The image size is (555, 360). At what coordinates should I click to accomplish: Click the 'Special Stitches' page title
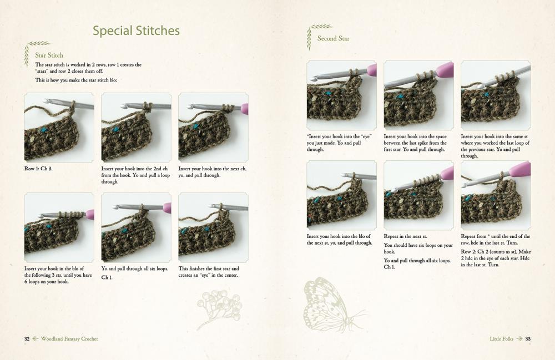click(x=137, y=31)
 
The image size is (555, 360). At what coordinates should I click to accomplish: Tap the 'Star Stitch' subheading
click(x=49, y=55)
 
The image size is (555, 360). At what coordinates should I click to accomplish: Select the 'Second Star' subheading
click(x=333, y=38)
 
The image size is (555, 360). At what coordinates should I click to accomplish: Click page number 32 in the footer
click(x=27, y=339)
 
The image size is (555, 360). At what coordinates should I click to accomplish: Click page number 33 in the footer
click(x=528, y=339)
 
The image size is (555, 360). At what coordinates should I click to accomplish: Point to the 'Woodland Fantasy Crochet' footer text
click(x=69, y=339)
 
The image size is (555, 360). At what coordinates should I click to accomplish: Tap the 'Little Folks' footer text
click(x=501, y=339)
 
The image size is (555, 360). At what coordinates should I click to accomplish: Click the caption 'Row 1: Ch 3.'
click(x=38, y=169)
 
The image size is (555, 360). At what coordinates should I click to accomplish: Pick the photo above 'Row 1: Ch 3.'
click(x=59, y=128)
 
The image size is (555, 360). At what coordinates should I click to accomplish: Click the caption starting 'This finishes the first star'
click(x=208, y=272)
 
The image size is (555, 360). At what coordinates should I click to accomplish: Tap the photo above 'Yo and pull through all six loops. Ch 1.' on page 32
click(x=137, y=227)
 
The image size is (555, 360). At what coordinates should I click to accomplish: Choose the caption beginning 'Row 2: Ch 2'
click(x=496, y=258)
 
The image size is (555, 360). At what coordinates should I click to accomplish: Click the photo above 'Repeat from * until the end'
click(x=496, y=195)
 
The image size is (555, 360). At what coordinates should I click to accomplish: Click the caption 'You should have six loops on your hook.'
click(x=418, y=249)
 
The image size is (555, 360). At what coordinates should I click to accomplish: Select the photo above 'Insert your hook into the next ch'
click(x=213, y=128)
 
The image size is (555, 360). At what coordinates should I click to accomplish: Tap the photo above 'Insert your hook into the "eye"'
click(x=341, y=95)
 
